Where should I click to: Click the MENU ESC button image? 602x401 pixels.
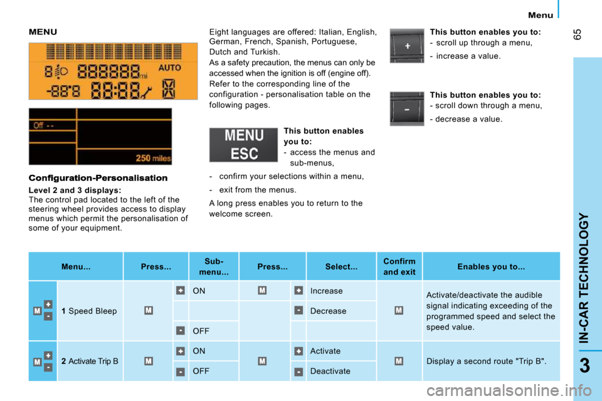(x=243, y=145)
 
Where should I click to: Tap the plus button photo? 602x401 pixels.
(x=407, y=46)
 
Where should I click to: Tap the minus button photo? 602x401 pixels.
(x=407, y=109)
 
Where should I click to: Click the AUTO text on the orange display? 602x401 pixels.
(x=170, y=68)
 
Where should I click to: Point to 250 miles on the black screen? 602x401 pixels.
(x=153, y=158)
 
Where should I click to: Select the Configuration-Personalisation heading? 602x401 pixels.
(x=98, y=178)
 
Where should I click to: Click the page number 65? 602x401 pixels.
(x=578, y=34)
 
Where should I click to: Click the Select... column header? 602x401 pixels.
(x=341, y=267)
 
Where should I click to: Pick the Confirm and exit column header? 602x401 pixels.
(x=399, y=267)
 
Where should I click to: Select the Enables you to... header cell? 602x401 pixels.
(x=491, y=267)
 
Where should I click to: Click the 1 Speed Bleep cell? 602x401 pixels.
(x=90, y=311)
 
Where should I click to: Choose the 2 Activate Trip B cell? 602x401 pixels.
(x=90, y=361)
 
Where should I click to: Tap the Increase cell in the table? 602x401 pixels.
(x=341, y=291)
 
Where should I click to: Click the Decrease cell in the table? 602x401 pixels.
(x=341, y=311)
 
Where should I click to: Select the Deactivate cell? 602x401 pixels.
(x=341, y=371)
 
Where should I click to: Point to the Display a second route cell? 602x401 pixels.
(x=491, y=361)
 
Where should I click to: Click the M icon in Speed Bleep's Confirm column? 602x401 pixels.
(x=399, y=310)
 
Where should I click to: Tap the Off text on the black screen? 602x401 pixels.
(x=38, y=125)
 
